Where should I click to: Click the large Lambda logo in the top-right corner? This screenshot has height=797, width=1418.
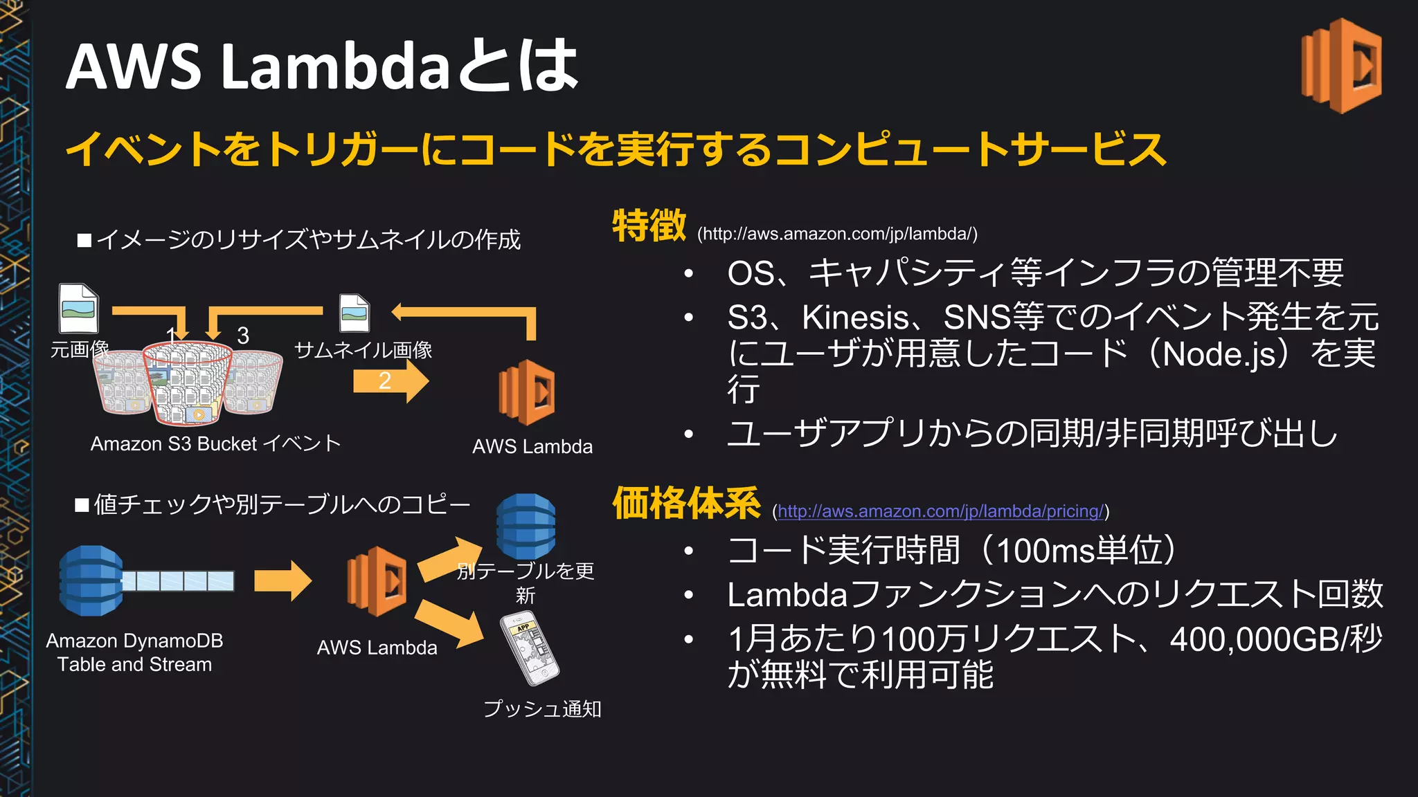tap(1342, 66)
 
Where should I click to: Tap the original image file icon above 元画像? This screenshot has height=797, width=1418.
tap(78, 309)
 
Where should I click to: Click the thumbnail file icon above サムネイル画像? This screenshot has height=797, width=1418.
tap(354, 313)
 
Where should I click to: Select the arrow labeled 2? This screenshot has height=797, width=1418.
tap(390, 381)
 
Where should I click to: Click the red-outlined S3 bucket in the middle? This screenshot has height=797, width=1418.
tap(188, 384)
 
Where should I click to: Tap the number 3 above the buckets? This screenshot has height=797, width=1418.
tap(243, 336)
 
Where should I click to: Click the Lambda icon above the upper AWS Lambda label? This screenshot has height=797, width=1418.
tap(527, 392)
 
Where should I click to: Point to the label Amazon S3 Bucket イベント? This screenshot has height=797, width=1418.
tap(215, 443)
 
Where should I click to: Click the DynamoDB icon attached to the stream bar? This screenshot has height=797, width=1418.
tap(91, 581)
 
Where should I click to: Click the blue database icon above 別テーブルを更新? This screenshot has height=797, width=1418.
tap(526, 526)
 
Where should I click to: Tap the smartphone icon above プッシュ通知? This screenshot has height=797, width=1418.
tap(530, 650)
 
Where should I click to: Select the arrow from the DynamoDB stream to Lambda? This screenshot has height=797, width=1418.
tap(282, 581)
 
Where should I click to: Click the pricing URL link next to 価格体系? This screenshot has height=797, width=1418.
tap(940, 511)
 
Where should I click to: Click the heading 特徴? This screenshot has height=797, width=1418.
tap(649, 226)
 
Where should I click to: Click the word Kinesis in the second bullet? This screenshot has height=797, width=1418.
tap(854, 318)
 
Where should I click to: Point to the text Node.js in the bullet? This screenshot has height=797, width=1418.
tap(1219, 354)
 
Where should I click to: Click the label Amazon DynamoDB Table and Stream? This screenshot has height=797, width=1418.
tap(134, 652)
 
